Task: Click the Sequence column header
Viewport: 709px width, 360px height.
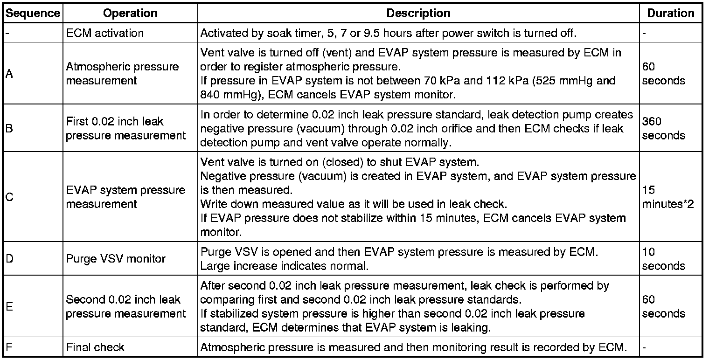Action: [33, 14]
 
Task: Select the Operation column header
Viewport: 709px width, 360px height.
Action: [130, 14]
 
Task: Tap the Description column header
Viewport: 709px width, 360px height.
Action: [418, 14]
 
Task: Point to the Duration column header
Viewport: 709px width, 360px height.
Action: [670, 14]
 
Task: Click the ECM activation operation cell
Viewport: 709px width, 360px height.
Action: [105, 33]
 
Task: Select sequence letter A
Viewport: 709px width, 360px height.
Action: [9, 74]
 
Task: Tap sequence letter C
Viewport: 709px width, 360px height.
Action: [9, 197]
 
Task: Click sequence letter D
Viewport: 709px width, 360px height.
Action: [9, 258]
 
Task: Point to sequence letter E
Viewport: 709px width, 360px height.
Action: [9, 306]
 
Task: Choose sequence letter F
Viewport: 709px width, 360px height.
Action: [9, 347]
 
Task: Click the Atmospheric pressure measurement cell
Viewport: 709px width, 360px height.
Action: [122, 74]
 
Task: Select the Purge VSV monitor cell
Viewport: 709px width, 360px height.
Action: [116, 258]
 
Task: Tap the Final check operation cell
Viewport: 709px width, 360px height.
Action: [95, 347]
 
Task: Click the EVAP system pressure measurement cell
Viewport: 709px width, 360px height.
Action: [125, 197]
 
